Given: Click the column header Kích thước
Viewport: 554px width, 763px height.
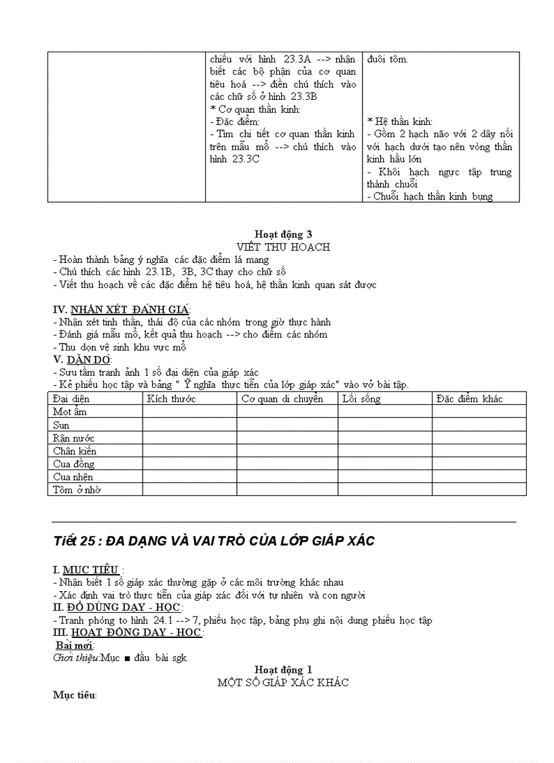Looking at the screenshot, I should [171, 399].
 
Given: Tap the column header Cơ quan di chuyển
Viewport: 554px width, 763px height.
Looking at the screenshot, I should [282, 399].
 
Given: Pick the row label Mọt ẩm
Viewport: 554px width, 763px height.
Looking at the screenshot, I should [70, 412].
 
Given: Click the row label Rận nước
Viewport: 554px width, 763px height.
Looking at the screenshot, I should [74, 438].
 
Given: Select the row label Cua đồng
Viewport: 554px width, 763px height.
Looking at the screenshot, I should [74, 464].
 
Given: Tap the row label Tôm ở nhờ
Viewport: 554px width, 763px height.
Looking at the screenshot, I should [77, 490].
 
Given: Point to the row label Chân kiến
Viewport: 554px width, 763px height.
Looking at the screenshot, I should [75, 451].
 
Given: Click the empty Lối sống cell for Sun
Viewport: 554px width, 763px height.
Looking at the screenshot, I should [385, 425].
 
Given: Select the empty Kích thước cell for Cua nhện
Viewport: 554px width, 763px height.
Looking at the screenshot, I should [189, 477].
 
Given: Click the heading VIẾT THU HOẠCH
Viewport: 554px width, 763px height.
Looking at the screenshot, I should [282, 247].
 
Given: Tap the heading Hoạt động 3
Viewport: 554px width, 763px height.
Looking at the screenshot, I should [282, 234].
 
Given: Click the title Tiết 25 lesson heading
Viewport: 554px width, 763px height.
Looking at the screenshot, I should [214, 542].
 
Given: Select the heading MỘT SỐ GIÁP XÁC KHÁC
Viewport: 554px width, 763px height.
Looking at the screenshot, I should [282, 682].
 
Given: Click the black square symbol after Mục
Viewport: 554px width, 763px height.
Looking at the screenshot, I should [127, 658].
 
